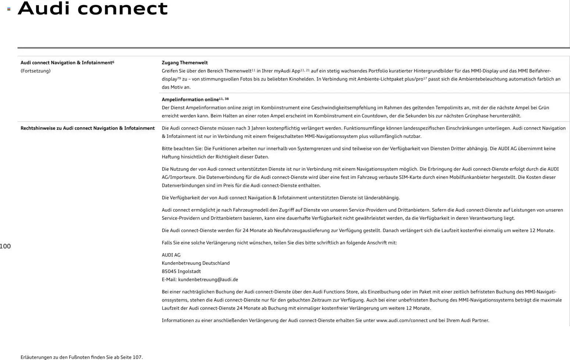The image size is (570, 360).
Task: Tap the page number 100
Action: tap(5, 246)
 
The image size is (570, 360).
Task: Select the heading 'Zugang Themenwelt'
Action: tap(185, 63)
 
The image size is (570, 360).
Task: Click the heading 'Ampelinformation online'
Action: tap(190, 100)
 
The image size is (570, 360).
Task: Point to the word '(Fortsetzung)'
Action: tap(35, 71)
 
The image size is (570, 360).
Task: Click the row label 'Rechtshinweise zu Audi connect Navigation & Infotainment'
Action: tap(88, 128)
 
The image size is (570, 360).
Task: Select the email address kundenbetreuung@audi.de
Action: tap(208, 279)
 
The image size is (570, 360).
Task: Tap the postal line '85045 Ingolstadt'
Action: tap(181, 271)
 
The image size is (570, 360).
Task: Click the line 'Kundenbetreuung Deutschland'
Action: tap(196, 263)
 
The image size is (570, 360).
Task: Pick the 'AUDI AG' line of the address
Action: tap(171, 255)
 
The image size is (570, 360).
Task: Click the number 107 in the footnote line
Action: tap(137, 357)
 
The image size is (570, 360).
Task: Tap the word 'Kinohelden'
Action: tap(302, 79)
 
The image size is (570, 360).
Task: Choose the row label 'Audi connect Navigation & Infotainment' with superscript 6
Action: tap(67, 63)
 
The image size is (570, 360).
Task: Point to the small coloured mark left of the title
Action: tap(9, 9)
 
